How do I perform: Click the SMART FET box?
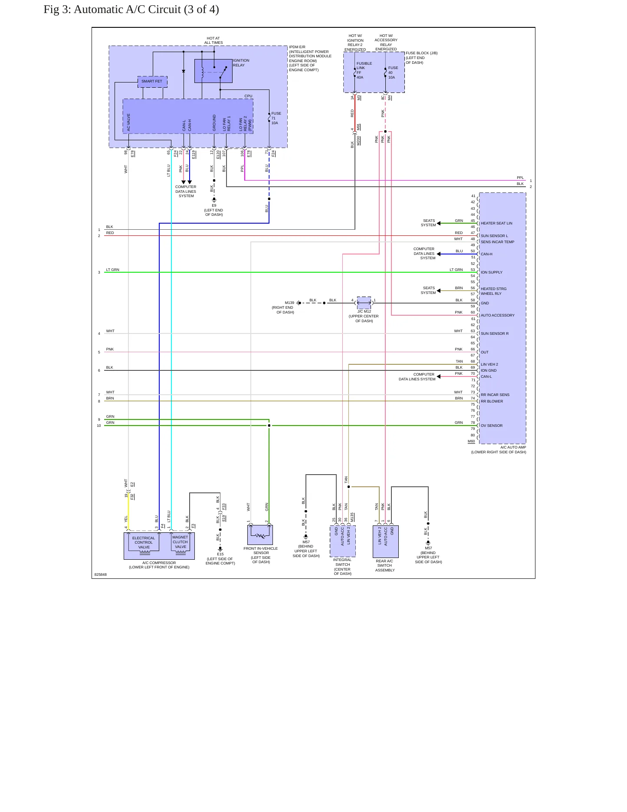(x=152, y=82)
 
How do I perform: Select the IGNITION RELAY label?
(x=241, y=63)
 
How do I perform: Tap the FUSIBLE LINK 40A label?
(x=364, y=70)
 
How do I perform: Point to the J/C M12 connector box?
(x=364, y=303)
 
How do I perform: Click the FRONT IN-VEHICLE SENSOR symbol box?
(x=260, y=535)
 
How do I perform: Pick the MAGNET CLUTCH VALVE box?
(x=180, y=542)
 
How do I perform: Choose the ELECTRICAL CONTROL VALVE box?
(x=144, y=543)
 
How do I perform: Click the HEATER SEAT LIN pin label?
(x=496, y=223)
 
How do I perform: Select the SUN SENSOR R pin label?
(x=495, y=333)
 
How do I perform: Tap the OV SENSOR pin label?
(x=492, y=426)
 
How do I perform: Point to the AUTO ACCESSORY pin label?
(x=498, y=315)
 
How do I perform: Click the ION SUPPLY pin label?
(x=492, y=272)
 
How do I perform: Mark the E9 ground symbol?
(x=214, y=200)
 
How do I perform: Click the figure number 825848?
(x=101, y=574)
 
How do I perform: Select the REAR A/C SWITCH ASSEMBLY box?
(x=385, y=541)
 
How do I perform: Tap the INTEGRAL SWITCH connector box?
(x=342, y=541)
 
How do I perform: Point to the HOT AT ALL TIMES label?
(x=213, y=40)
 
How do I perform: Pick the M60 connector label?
(x=471, y=441)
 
